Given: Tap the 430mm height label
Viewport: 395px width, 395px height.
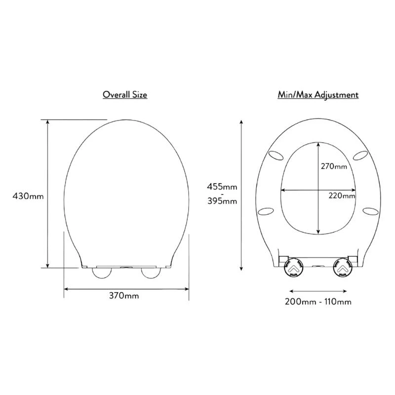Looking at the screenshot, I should (28, 196).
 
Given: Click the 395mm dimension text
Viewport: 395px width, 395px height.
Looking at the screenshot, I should (222, 201).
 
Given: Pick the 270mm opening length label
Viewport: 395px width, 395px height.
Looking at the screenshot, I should (334, 166).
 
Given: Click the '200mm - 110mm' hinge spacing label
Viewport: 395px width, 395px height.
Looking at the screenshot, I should (317, 301).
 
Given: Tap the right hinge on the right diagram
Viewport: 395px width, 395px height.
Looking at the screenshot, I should (342, 267).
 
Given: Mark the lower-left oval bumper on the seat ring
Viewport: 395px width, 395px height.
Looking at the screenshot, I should (266, 211).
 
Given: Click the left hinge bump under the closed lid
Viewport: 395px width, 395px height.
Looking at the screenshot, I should (102, 273).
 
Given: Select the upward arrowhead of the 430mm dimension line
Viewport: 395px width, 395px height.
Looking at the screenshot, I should (47, 122).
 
